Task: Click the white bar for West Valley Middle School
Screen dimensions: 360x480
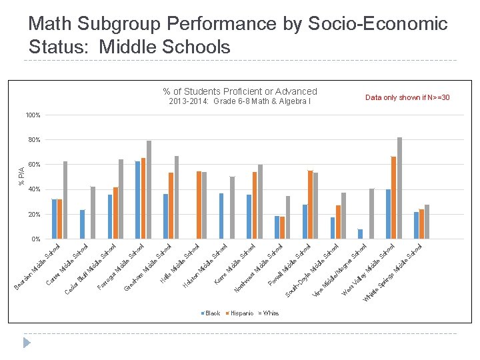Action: coord(372,213)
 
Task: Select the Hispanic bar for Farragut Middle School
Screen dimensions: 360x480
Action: coord(115,213)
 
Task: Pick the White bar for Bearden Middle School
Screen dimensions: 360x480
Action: coord(65,200)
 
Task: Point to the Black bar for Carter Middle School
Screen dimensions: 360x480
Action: coord(82,224)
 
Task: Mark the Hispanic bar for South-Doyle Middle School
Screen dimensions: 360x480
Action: coord(310,205)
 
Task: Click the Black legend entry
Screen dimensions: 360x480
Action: coord(210,313)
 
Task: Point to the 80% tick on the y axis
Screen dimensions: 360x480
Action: coord(33,140)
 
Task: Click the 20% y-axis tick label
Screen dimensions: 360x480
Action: coord(33,215)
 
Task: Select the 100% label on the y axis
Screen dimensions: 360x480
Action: coord(32,115)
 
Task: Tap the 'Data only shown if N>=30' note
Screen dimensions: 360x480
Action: coord(407,98)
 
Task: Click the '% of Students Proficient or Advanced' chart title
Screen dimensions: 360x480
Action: coord(240,91)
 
